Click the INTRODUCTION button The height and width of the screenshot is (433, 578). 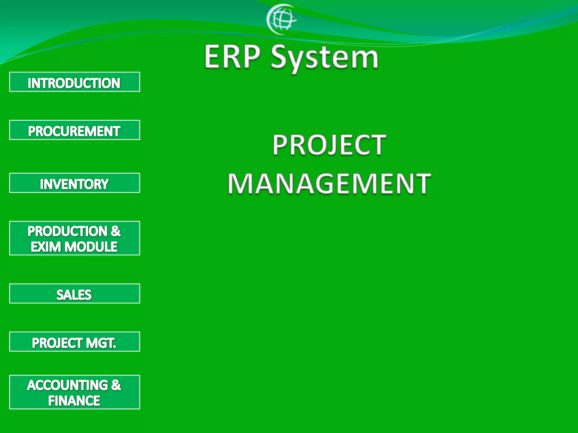point(75,82)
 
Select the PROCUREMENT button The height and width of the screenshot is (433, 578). point(75,130)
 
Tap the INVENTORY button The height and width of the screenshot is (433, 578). point(75,183)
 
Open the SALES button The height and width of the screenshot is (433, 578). point(75,294)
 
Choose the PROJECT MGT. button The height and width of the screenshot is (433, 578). point(75,342)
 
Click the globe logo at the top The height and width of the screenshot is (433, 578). point(281,19)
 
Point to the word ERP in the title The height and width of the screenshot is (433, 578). point(232,57)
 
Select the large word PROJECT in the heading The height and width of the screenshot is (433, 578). point(329,145)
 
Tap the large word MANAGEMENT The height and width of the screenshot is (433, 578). point(329,184)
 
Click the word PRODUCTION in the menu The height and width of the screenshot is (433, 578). point(67,231)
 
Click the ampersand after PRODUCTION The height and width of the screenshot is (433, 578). point(116,231)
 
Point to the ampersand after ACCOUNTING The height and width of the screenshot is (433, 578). point(116,385)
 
